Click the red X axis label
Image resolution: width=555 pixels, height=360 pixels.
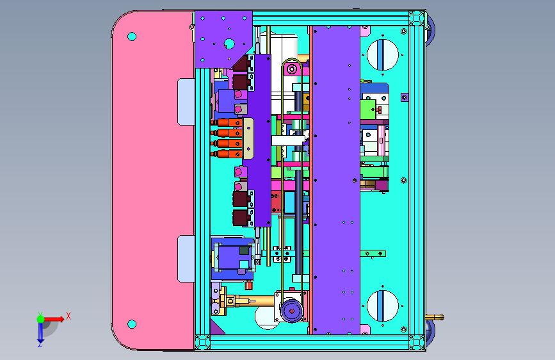coord(68,316)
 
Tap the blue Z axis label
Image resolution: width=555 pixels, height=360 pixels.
coord(40,344)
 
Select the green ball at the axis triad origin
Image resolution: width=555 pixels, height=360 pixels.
coord(41,319)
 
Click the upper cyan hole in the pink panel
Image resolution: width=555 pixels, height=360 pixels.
coord(132,37)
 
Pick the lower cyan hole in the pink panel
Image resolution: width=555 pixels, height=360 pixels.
coord(132,324)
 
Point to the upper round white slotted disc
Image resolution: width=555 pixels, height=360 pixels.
coord(383,55)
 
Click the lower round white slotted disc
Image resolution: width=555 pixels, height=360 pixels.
coord(383,306)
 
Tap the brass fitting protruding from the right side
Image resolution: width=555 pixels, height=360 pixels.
coord(435,317)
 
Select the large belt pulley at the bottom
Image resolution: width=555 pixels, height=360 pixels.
coord(292,311)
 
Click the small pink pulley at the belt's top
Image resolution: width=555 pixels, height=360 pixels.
coord(292,69)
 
